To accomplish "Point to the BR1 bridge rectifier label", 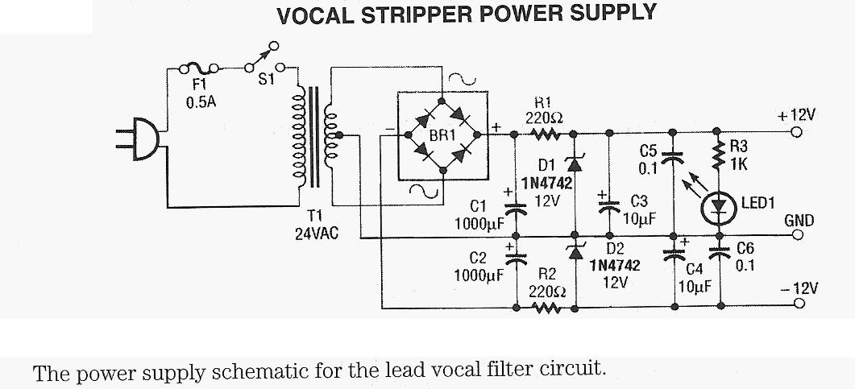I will click(x=442, y=135).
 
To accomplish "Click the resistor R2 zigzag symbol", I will click(x=545, y=307).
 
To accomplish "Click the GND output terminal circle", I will click(x=798, y=236).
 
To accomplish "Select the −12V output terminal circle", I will click(x=798, y=304).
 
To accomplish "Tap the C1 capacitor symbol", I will click(x=516, y=207).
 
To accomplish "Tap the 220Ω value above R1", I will click(x=543, y=117).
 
